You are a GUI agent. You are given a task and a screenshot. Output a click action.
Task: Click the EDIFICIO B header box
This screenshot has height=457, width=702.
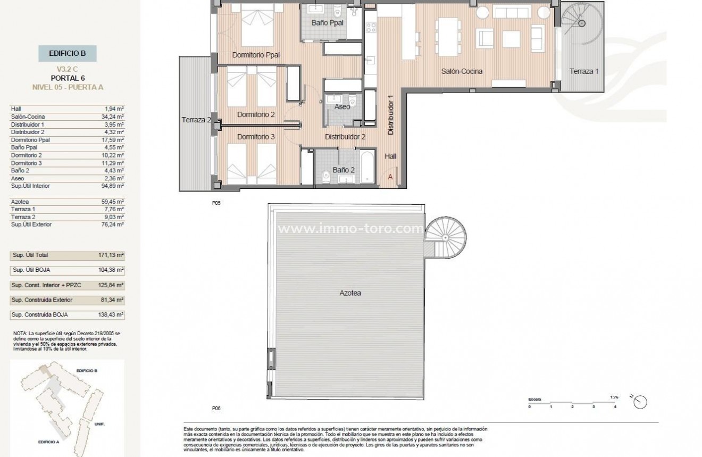[67, 53]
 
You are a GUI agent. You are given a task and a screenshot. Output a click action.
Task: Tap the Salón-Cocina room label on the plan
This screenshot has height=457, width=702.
[462, 71]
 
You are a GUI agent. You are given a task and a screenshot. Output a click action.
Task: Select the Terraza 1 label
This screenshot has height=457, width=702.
[584, 71]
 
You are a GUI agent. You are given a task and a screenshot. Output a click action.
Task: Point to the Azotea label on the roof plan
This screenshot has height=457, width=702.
[350, 293]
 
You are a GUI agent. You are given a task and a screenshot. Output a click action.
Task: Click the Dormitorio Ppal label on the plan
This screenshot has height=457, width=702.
[256, 55]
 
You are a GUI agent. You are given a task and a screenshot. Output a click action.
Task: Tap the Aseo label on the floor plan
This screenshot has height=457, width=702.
[342, 107]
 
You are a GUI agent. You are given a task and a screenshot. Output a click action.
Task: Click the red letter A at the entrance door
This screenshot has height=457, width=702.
[390, 177]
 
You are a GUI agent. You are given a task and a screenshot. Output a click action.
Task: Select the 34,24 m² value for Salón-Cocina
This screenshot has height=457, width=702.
[113, 117]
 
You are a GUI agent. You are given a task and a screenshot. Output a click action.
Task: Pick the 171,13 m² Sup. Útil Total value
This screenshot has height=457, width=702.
[112, 255]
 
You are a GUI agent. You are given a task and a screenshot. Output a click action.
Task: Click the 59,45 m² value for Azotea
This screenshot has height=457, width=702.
[113, 202]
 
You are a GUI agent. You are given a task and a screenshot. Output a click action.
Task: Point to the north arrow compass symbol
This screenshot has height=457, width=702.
[640, 402]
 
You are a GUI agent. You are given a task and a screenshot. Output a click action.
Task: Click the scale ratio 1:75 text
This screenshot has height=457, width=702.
[615, 397]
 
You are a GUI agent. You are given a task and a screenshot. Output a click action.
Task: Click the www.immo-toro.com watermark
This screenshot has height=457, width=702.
[351, 229]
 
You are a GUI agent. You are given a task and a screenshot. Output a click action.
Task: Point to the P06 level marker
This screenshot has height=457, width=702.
[216, 409]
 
